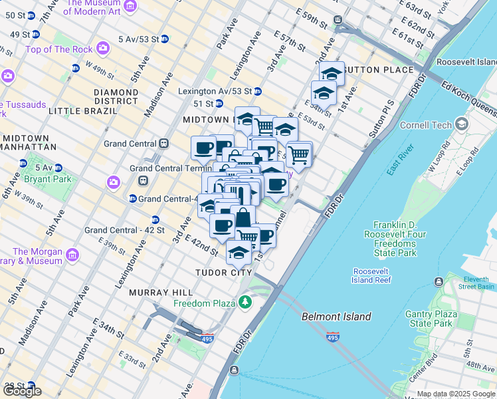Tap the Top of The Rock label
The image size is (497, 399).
pyautogui.click(x=58, y=49)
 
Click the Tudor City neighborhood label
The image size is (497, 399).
pyautogui.click(x=224, y=273)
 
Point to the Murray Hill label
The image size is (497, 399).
pyautogui.click(x=161, y=293)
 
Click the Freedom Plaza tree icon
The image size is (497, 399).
pyautogui.click(x=246, y=303)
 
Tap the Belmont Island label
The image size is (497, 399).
pyautogui.click(x=336, y=317)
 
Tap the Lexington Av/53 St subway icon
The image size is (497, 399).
pyautogui.click(x=257, y=91)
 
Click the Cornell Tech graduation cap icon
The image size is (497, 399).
pyautogui.click(x=462, y=124)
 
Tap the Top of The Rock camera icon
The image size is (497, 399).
pyautogui.click(x=102, y=49)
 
